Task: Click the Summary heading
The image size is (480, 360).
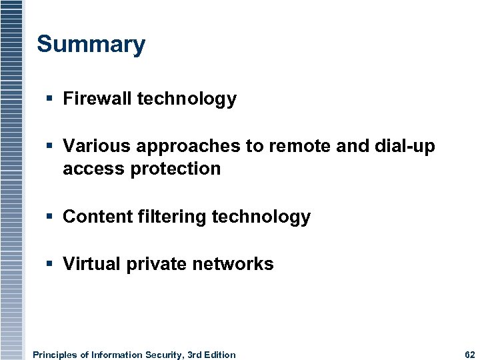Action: [91, 45]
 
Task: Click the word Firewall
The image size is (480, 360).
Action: [97, 99]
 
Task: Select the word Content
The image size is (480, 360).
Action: [95, 217]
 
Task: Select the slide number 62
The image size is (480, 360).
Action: [469, 355]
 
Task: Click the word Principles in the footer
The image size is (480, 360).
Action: [55, 355]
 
